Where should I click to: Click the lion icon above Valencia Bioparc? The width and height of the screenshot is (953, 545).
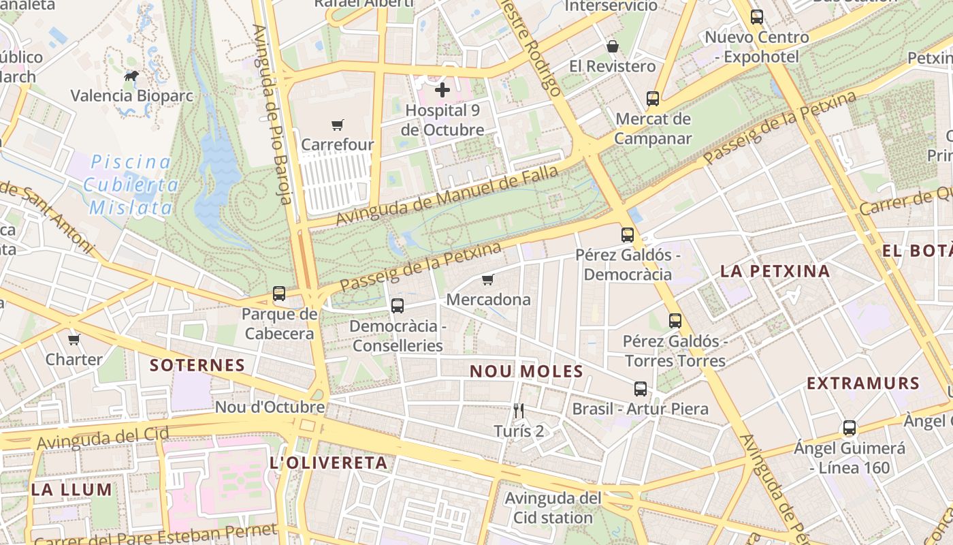tap(131, 76)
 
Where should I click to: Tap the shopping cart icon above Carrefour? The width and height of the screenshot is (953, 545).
tap(338, 125)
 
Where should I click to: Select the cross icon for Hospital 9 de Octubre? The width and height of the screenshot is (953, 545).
tap(442, 89)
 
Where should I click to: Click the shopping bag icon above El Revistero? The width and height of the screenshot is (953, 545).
tap(613, 46)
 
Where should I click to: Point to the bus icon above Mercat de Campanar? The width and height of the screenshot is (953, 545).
tap(653, 99)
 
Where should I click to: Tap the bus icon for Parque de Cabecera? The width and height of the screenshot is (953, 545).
tap(279, 294)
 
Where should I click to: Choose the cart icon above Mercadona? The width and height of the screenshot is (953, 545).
tap(487, 279)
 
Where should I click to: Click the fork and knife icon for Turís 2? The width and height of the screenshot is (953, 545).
tap(519, 410)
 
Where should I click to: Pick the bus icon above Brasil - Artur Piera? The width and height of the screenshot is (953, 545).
tap(641, 389)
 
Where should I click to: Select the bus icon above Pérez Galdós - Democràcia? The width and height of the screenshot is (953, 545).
tap(628, 235)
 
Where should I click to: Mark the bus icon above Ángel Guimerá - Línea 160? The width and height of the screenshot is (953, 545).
tap(849, 428)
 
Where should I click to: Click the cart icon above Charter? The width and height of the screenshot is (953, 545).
tap(74, 339)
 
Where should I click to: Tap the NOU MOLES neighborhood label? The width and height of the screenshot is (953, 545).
tap(526, 371)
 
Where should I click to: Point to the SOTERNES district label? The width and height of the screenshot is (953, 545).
tap(197, 365)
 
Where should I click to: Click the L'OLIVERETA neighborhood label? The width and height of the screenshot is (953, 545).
tap(328, 463)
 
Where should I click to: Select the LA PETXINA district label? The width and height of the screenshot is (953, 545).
tap(775, 271)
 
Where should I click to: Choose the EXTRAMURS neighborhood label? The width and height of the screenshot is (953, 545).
tap(863, 384)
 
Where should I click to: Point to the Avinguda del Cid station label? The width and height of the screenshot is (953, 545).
tap(553, 508)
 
